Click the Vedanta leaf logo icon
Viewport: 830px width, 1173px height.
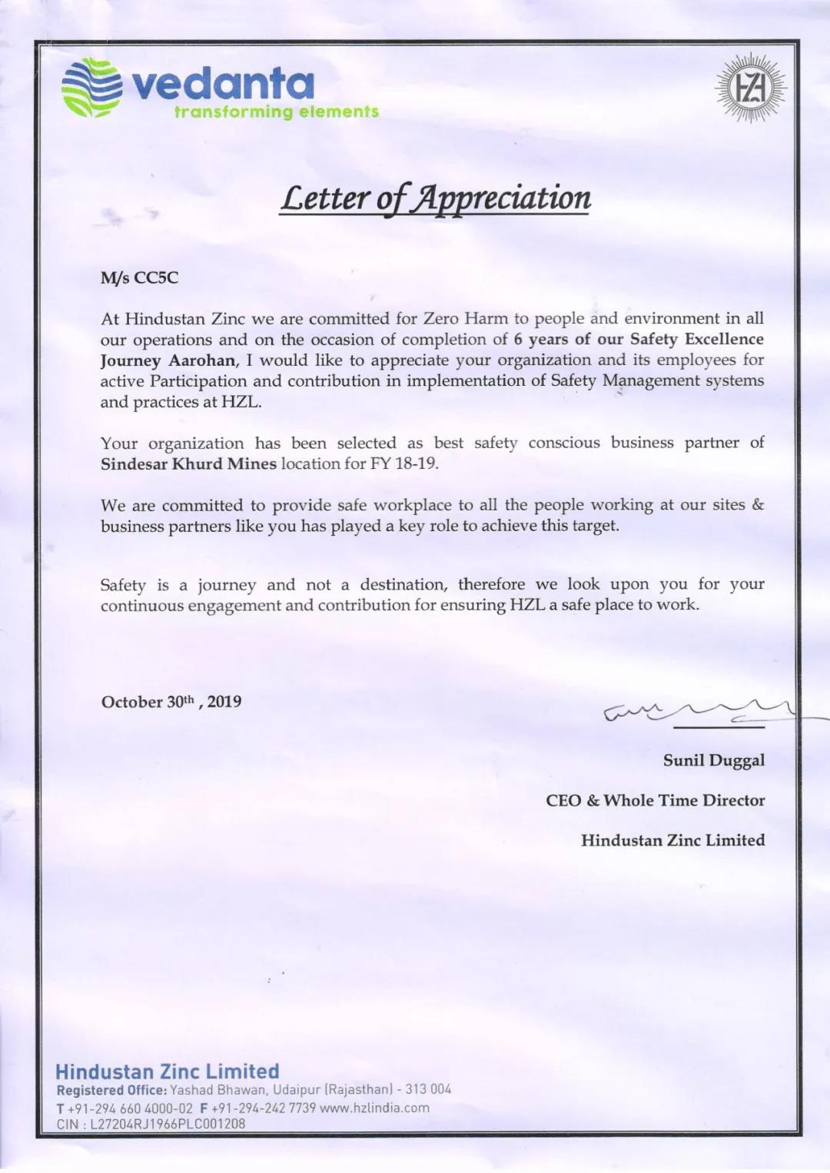click(91, 88)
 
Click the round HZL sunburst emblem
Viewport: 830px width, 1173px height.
click(750, 88)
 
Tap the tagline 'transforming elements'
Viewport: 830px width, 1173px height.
click(277, 112)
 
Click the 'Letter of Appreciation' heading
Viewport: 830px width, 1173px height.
click(435, 198)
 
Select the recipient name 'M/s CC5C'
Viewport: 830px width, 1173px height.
click(139, 277)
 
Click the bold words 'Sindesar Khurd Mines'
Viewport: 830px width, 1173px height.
click(188, 464)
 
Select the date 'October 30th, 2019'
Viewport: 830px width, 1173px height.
click(171, 701)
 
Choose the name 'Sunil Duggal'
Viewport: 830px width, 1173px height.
click(714, 760)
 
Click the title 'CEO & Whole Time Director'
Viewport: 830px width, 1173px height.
click(656, 800)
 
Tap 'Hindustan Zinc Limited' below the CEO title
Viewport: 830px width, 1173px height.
click(672, 840)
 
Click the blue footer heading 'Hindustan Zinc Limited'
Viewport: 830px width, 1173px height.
click(168, 1072)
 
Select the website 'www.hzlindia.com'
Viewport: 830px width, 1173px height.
click(374, 1108)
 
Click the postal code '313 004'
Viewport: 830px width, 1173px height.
click(428, 1089)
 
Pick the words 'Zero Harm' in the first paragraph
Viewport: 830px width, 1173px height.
click(466, 318)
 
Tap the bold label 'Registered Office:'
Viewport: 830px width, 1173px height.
click(111, 1090)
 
